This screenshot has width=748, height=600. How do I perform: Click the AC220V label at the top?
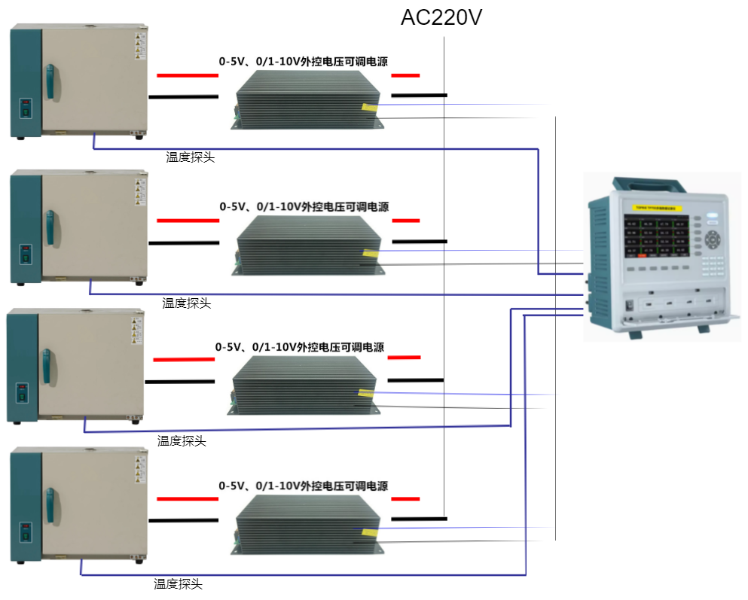click(x=441, y=18)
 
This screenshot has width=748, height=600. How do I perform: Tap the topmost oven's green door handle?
click(x=50, y=82)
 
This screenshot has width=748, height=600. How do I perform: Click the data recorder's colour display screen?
click(x=655, y=235)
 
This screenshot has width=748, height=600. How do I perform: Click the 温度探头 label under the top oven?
click(x=191, y=157)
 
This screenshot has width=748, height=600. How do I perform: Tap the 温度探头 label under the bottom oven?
click(x=179, y=584)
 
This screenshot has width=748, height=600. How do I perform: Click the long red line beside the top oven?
click(x=188, y=76)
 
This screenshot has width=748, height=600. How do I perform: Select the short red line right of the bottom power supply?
click(x=405, y=499)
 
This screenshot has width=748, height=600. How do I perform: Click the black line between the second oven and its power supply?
click(x=184, y=242)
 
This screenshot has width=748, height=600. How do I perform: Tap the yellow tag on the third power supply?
click(x=367, y=392)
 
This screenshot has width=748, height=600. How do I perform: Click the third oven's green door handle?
click(x=47, y=366)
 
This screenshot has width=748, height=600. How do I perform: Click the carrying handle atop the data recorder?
click(x=652, y=184)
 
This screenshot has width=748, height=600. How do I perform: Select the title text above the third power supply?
click(x=300, y=348)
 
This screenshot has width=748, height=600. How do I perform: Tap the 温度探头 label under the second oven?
click(x=187, y=303)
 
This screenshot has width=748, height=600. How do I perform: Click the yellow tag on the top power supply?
click(x=370, y=107)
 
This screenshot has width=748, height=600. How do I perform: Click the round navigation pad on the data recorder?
click(x=713, y=241)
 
